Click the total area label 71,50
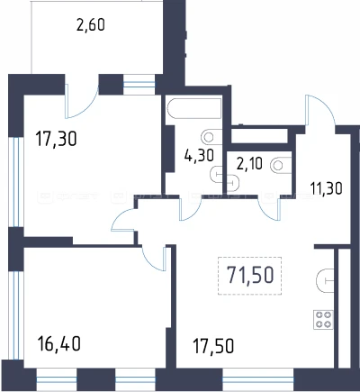(250, 275)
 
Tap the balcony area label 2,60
(91, 24)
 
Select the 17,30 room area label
(56, 139)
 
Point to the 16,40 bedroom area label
(59, 343)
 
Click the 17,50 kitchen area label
(213, 346)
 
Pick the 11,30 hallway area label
(326, 189)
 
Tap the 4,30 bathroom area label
(199, 156)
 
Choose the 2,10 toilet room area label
(249, 164)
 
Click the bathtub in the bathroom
(194, 108)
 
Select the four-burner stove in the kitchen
(323, 320)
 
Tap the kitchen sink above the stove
(325, 280)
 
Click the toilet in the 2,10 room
(281, 165)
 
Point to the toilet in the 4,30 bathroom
(211, 137)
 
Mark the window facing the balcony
(139, 85)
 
